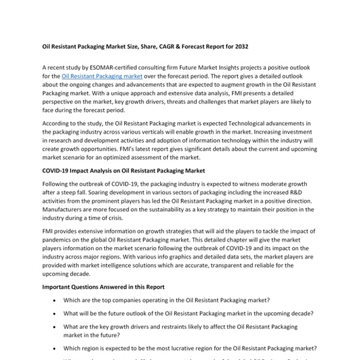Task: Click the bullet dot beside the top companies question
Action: [55, 300]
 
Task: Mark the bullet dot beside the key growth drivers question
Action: [55, 326]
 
